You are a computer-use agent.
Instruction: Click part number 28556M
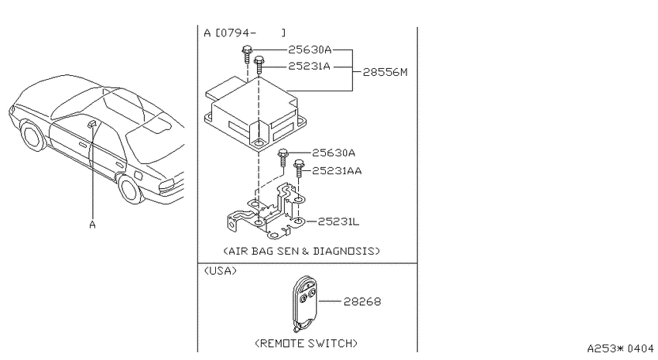coord(385,72)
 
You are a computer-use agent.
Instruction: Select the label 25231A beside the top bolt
coord(309,67)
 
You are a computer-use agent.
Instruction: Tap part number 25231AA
coord(337,171)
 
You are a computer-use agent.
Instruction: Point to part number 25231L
coord(338,221)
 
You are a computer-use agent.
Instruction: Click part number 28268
coord(362,302)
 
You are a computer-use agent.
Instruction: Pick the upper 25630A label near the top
coord(310,50)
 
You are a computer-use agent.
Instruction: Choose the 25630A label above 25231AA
coord(334,153)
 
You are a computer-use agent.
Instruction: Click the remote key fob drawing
coord(304,303)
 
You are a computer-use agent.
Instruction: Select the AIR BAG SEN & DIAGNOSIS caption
coord(301,251)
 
